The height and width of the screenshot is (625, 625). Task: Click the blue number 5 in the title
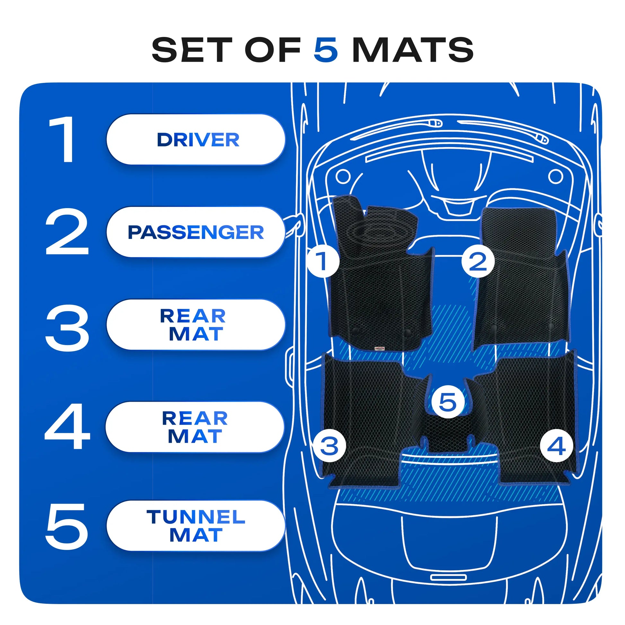click(326, 49)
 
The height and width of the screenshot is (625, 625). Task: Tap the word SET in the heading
click(192, 49)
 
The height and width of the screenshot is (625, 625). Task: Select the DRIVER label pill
click(196, 139)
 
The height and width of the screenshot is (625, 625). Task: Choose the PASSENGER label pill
click(196, 232)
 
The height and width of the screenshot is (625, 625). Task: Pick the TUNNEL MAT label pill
click(196, 526)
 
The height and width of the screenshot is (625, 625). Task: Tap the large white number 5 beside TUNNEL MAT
click(66, 526)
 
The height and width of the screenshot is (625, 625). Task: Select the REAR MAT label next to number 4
click(195, 427)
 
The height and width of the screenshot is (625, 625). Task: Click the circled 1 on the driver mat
click(323, 261)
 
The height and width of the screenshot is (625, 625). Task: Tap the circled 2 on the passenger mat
click(478, 261)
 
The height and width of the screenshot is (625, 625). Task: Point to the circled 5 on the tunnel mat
click(448, 402)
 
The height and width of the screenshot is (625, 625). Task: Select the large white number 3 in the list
click(67, 327)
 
